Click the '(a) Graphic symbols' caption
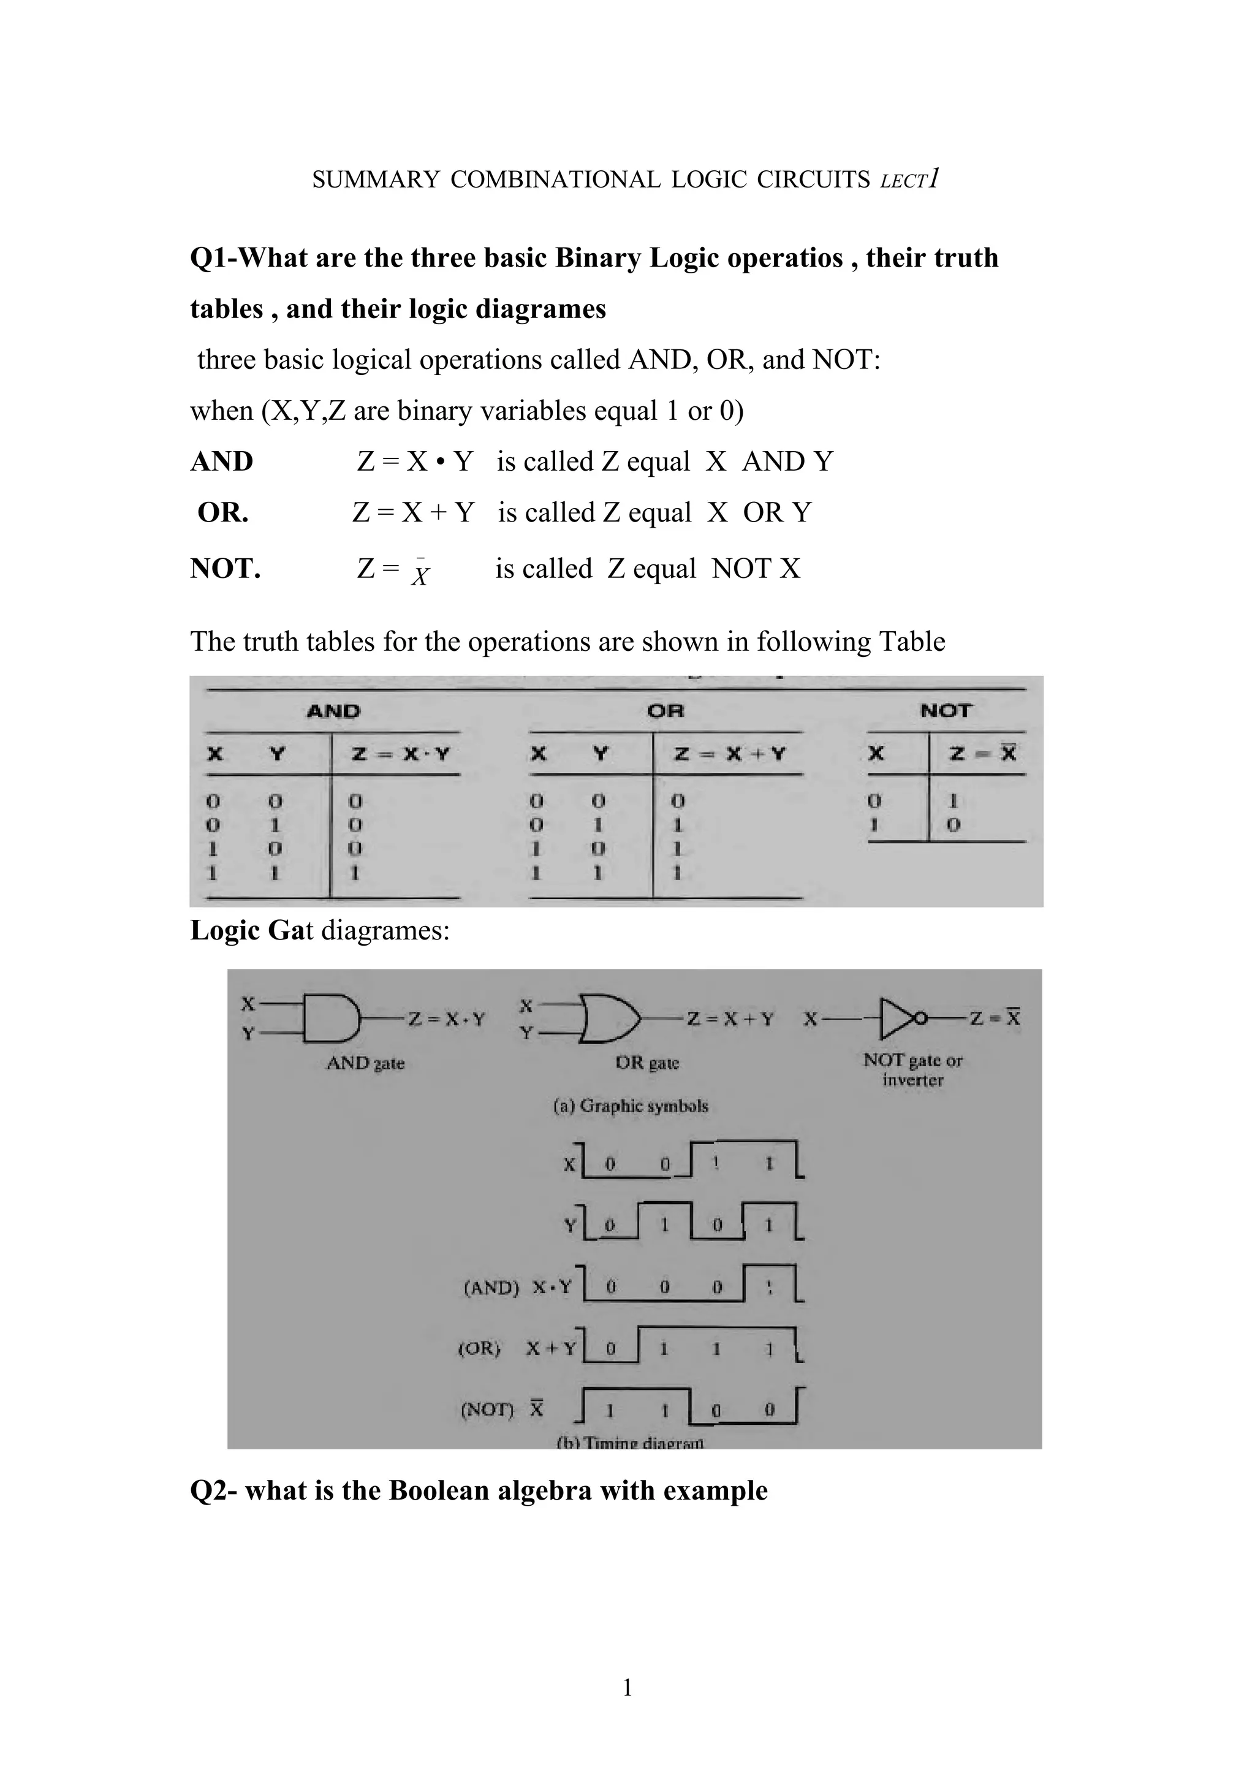tap(630, 1106)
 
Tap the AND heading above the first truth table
tap(333, 711)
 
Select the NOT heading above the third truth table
tap(946, 710)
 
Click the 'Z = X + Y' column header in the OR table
tap(729, 753)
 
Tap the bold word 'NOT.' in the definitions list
tap(225, 569)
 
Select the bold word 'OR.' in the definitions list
tap(222, 512)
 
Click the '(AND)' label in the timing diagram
tap(490, 1288)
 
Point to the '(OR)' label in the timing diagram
tap(479, 1348)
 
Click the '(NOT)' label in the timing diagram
tap(487, 1410)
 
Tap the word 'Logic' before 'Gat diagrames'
tap(225, 930)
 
